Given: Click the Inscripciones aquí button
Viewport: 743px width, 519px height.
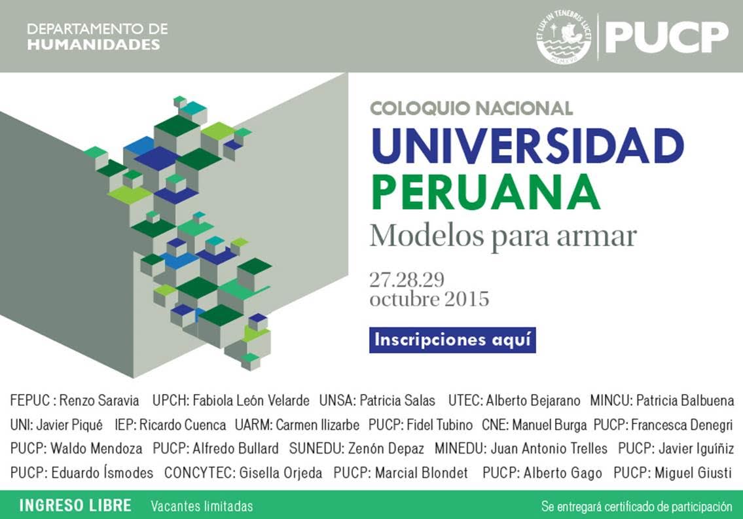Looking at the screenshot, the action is pyautogui.click(x=452, y=340).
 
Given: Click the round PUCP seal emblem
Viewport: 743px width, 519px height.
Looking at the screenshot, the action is pyautogui.click(x=564, y=37).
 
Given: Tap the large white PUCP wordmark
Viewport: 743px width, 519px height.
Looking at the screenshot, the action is pyautogui.click(x=666, y=37).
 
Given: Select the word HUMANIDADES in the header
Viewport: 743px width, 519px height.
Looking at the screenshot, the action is pyautogui.click(x=94, y=45).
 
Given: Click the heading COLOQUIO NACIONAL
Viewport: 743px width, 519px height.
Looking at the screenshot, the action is pyautogui.click(x=471, y=109).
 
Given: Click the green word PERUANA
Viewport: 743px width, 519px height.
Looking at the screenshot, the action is pyautogui.click(x=486, y=192).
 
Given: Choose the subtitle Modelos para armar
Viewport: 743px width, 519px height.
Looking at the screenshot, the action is pyautogui.click(x=503, y=236).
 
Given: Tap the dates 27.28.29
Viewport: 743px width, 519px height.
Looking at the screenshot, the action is pyautogui.click(x=407, y=280).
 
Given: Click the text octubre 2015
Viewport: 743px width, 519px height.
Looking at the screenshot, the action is pyautogui.click(x=429, y=299).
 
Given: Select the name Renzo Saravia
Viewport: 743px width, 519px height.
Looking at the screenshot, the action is pyautogui.click(x=99, y=401).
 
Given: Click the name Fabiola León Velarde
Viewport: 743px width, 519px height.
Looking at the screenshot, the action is pyautogui.click(x=251, y=401).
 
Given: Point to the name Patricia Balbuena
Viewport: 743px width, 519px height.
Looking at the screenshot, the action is pyautogui.click(x=685, y=401).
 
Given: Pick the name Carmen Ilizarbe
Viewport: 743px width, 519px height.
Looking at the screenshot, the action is pyautogui.click(x=317, y=425).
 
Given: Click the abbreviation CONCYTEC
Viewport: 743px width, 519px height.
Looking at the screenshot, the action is pyautogui.click(x=200, y=473).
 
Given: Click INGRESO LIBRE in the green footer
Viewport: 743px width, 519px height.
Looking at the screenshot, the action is pyautogui.click(x=75, y=505).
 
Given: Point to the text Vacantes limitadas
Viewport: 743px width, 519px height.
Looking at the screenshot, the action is pyautogui.click(x=202, y=506).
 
